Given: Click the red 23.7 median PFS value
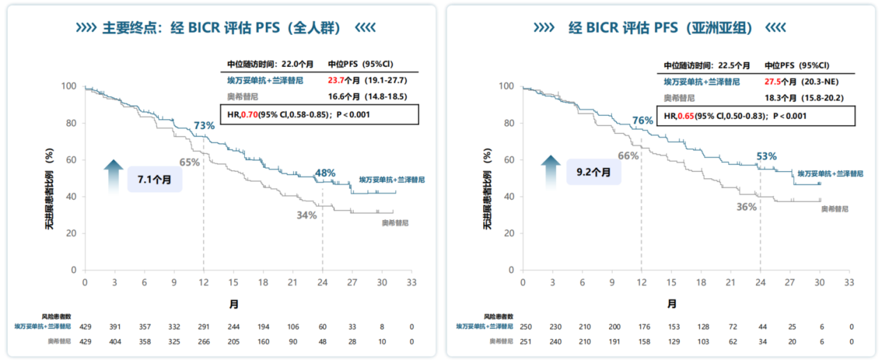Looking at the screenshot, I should [x=336, y=80].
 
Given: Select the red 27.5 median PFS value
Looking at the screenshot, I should [x=773, y=81].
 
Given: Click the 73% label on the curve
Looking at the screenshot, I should [x=204, y=125].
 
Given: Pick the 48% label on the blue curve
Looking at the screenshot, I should [x=325, y=173].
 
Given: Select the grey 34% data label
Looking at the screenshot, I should [x=306, y=215].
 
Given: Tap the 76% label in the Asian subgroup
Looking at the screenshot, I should [x=643, y=120].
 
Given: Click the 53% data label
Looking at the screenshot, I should [x=766, y=156].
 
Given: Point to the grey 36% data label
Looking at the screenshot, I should [x=746, y=207].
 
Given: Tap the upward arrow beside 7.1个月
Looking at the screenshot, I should [x=113, y=173].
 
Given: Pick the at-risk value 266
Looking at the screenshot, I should [x=204, y=341].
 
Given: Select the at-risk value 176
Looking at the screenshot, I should [x=642, y=326].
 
